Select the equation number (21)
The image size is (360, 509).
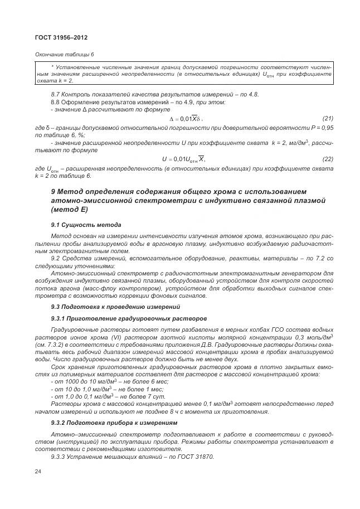coord(328,118)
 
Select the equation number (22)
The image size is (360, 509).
coord(328,159)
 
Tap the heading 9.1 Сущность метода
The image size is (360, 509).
coord(86,225)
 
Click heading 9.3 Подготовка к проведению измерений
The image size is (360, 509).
coord(115,307)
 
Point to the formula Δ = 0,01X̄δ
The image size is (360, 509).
coord(186,119)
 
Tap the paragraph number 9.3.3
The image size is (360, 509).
coord(60,457)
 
